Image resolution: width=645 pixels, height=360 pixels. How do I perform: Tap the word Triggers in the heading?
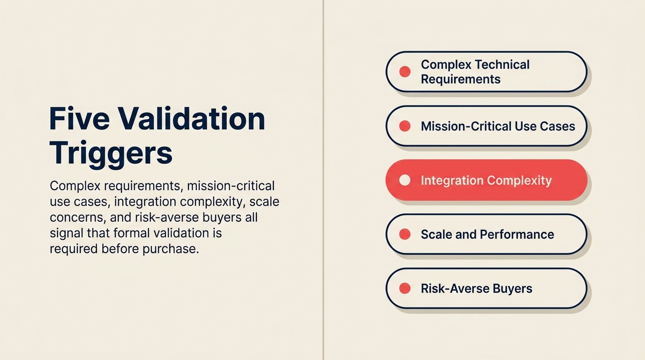point(111,152)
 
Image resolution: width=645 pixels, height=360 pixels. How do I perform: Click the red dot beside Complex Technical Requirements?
point(405,72)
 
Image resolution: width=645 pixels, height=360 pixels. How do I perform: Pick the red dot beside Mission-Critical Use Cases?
point(405,126)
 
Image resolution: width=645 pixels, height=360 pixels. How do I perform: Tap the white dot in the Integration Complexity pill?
point(405,180)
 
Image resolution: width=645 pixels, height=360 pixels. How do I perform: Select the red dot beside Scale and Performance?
point(405,234)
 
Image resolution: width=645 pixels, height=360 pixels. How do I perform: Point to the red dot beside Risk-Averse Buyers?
point(405,288)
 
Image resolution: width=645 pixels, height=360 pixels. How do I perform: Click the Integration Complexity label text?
point(486,180)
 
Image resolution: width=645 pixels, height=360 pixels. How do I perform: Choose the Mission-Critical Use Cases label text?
point(498,126)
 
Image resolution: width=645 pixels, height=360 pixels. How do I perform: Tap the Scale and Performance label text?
point(487,234)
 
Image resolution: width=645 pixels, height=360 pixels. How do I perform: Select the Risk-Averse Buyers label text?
point(476,288)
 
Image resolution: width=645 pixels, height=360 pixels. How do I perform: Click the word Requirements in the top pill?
point(460,79)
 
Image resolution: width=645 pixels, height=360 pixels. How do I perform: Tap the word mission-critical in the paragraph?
point(231,186)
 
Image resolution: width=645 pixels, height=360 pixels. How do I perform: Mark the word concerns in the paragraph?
point(76,217)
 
